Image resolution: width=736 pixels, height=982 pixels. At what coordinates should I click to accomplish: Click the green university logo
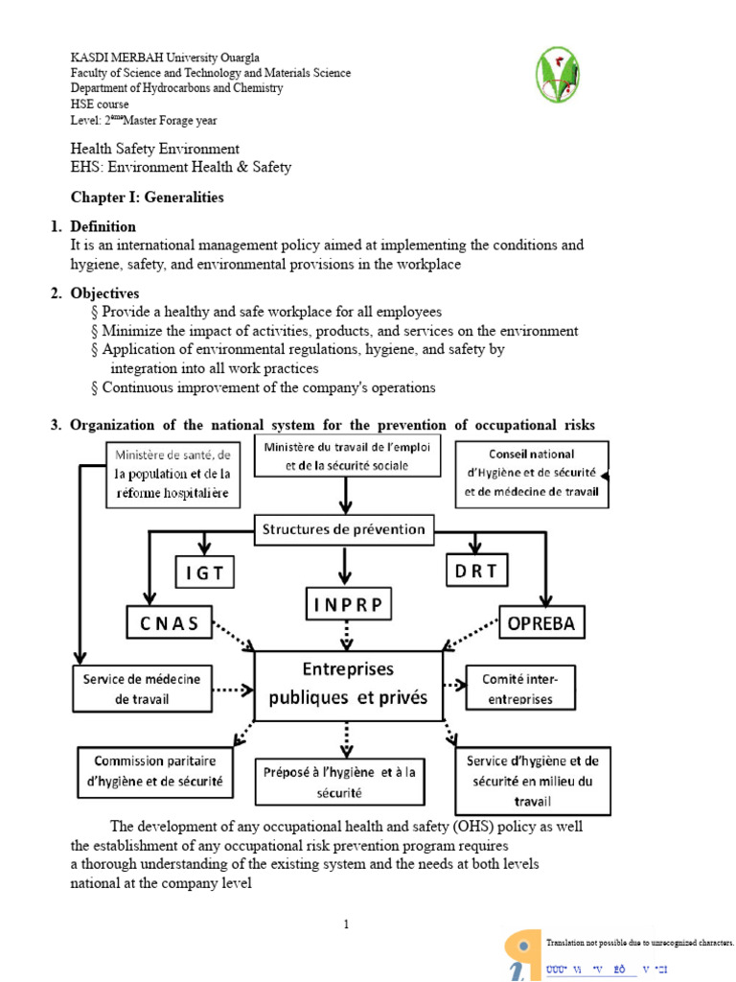coord(557,74)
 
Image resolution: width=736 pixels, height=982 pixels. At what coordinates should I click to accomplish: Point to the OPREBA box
coord(542,623)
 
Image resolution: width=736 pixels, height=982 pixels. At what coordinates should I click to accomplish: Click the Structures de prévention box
coord(344,529)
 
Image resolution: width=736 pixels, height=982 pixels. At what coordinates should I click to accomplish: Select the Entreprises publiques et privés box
coord(348,684)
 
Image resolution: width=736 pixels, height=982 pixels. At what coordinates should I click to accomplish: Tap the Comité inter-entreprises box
coord(520,689)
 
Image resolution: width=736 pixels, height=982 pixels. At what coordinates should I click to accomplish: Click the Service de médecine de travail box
coord(142,689)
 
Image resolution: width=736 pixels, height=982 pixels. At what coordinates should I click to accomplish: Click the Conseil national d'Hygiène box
coord(531,473)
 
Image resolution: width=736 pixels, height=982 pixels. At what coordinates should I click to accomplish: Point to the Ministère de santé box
coord(172,473)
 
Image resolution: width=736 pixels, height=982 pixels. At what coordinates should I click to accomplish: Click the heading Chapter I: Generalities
coord(147,198)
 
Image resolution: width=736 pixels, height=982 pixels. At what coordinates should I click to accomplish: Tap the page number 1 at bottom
coord(347,924)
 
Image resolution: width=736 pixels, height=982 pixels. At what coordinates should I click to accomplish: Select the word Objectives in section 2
coord(104,293)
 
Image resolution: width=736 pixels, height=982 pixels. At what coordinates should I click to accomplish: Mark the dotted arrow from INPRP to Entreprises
coord(347,635)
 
